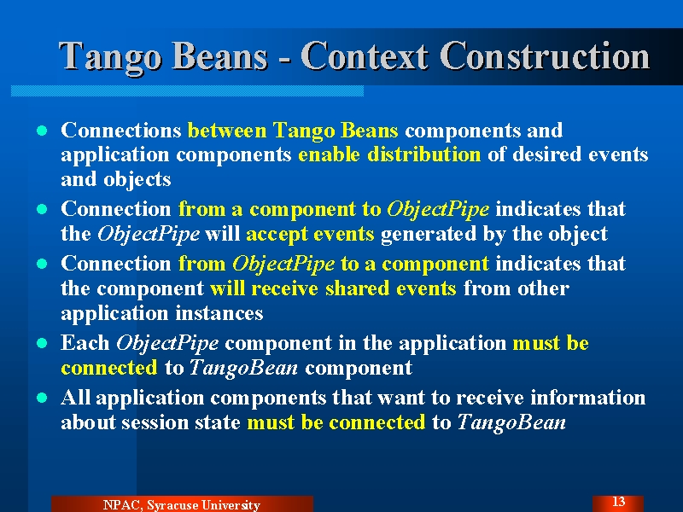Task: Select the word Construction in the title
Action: click(x=545, y=55)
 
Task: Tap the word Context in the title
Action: click(x=365, y=55)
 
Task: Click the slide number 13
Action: click(x=618, y=502)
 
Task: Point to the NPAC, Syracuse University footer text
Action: click(x=182, y=504)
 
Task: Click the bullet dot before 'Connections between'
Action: click(x=42, y=131)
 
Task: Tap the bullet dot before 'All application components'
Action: click(x=42, y=398)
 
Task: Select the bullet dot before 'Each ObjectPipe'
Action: click(x=42, y=343)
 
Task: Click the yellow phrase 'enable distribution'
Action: click(x=389, y=154)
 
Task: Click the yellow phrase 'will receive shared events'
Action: click(x=333, y=288)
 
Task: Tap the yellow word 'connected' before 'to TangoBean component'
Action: click(x=109, y=368)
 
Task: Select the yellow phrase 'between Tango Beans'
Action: click(x=293, y=131)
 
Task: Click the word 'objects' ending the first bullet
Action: click(x=137, y=180)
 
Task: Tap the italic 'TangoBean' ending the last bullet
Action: click(x=511, y=422)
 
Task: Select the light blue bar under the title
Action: click(x=187, y=90)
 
